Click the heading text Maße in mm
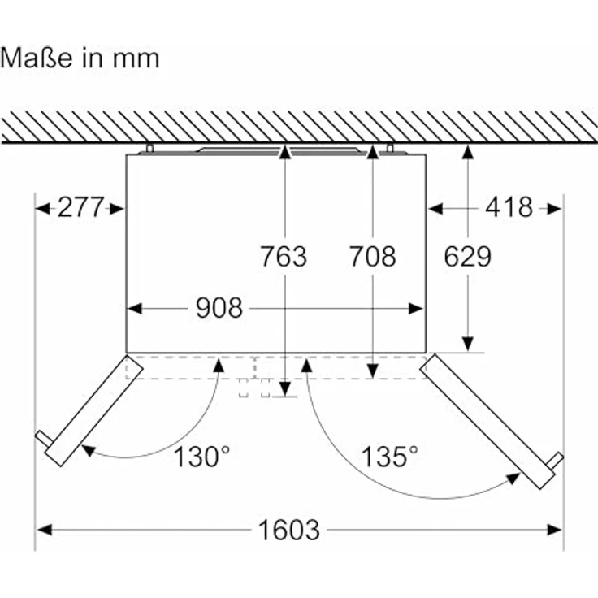(x=80, y=58)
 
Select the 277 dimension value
(x=80, y=207)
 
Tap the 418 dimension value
(x=509, y=207)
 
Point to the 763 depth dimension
(x=284, y=256)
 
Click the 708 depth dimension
(x=373, y=256)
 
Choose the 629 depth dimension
(x=467, y=256)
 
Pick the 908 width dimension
(x=219, y=308)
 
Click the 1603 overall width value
(x=288, y=530)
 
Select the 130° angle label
(x=201, y=456)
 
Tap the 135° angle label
(x=389, y=456)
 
